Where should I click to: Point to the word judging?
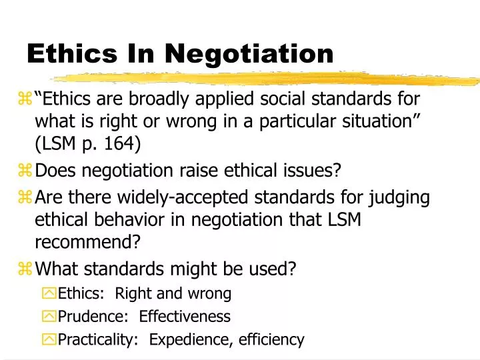point(400,197)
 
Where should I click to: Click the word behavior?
point(125,219)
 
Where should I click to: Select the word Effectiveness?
point(185,316)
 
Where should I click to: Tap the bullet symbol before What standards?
point(26,269)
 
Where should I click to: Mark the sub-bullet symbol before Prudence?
point(49,317)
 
